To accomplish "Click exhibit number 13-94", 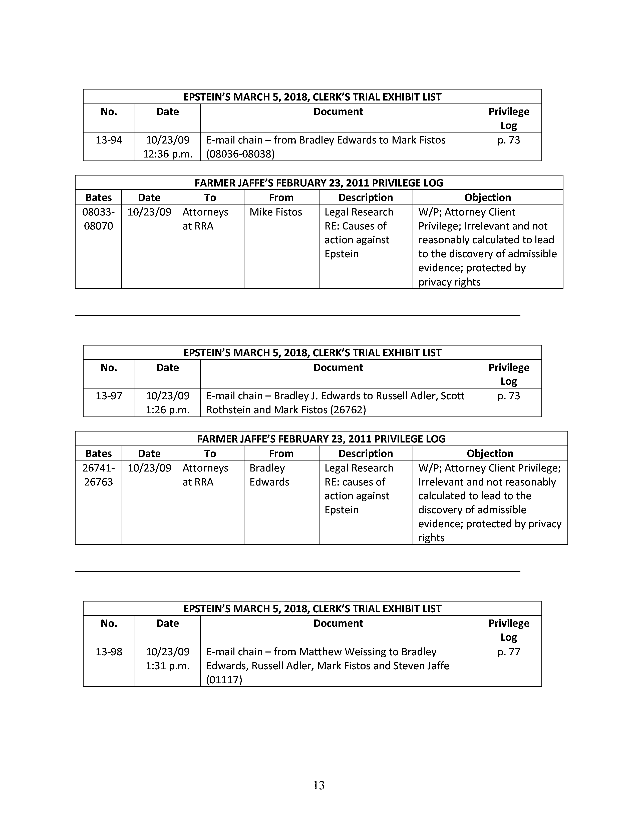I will tap(109, 140).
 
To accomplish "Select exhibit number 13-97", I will tap(109, 396).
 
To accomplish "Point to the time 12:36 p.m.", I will tap(167, 154).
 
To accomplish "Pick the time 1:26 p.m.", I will tap(167, 410).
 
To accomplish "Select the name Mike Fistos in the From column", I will tap(275, 212).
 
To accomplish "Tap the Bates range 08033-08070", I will tap(98, 219).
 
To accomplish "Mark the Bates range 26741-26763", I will tap(98, 475).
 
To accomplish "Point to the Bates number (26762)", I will tap(348, 410).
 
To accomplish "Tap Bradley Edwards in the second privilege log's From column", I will tap(269, 475).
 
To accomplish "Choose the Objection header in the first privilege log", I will tap(488, 197).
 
